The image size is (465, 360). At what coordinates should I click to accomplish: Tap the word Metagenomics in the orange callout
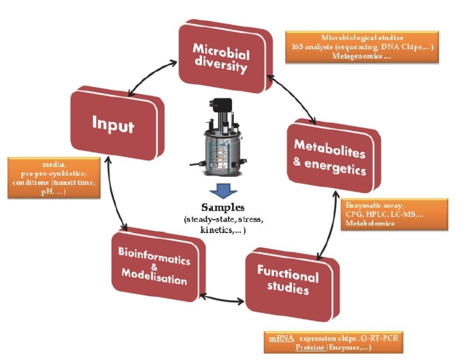point(360,56)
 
